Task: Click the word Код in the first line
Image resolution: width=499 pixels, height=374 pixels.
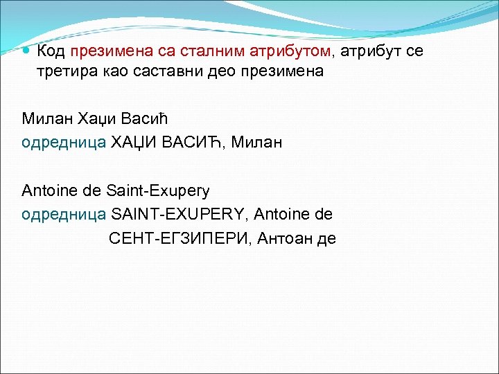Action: [x=51, y=51]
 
